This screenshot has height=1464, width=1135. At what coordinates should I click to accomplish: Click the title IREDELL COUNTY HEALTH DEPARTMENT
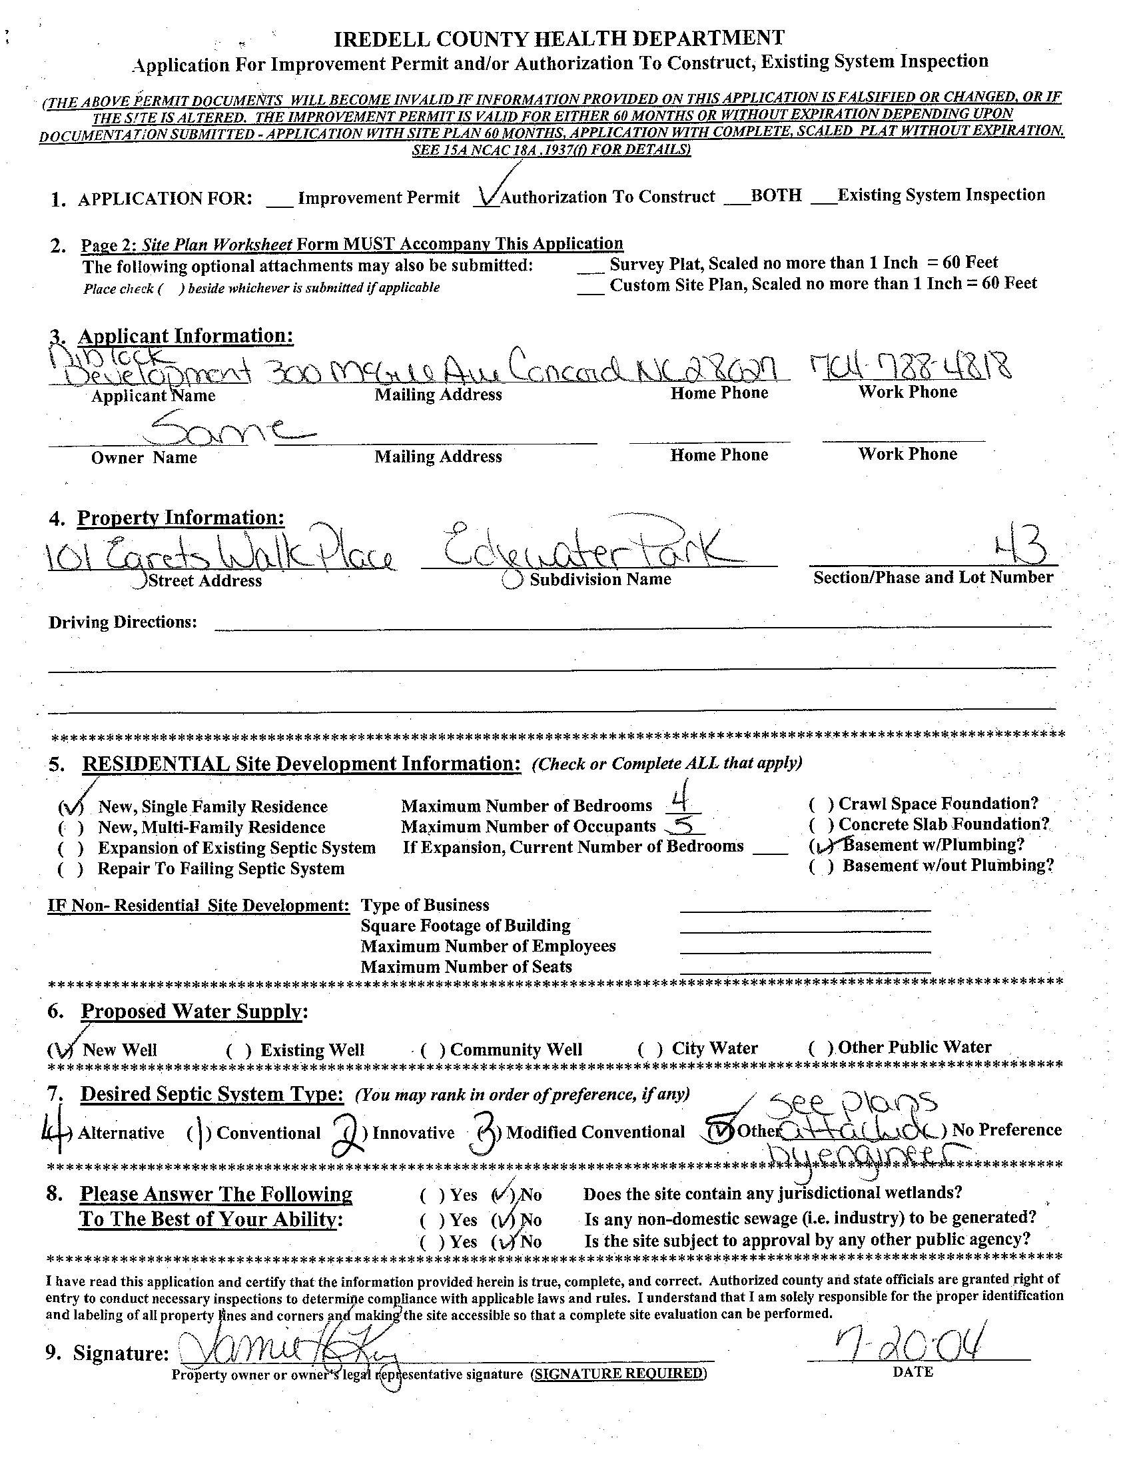point(559,39)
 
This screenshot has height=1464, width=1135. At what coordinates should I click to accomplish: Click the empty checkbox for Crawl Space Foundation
point(821,804)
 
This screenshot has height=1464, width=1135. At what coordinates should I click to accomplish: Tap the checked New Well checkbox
point(61,1049)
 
